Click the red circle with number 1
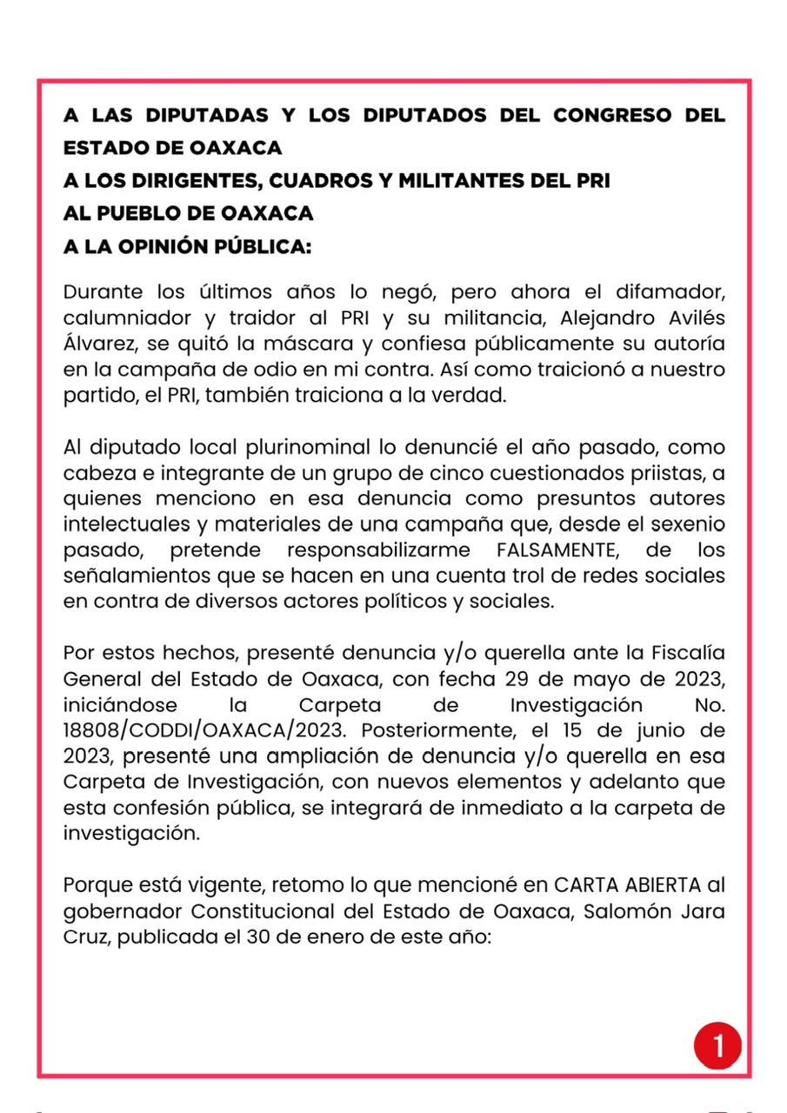point(717,1045)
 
